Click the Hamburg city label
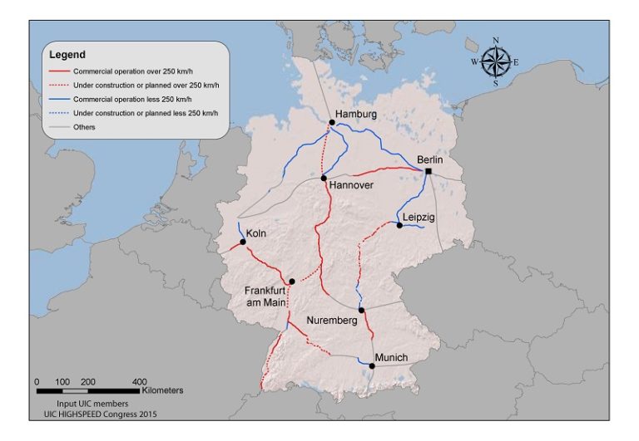(x=356, y=114)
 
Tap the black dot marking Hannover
(x=324, y=178)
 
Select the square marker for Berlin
(x=428, y=171)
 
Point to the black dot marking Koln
(x=243, y=243)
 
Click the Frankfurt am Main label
(x=265, y=296)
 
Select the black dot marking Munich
(x=372, y=365)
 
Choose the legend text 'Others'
(x=84, y=127)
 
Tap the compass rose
(x=495, y=61)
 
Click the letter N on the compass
(x=496, y=40)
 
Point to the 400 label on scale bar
(x=140, y=381)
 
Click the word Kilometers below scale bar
(x=162, y=390)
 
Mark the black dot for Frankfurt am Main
(x=291, y=282)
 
